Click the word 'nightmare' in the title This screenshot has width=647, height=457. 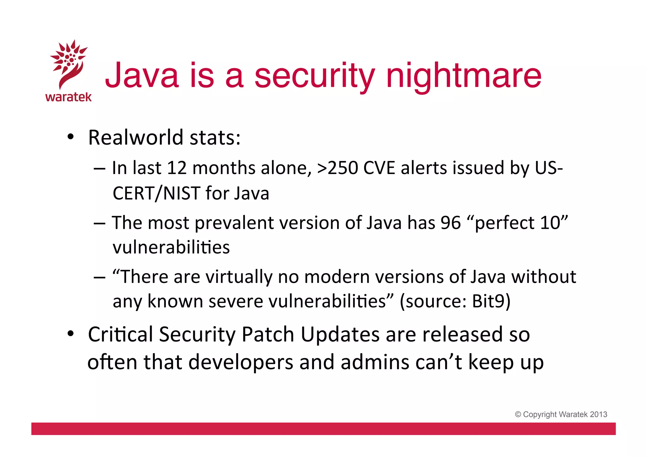click(x=464, y=76)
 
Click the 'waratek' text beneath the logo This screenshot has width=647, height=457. click(x=69, y=97)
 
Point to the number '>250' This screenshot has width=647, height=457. click(x=337, y=168)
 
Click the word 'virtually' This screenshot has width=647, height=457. click(x=239, y=277)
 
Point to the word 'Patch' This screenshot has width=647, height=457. click(x=268, y=334)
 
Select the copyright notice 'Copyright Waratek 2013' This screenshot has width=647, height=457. click(x=561, y=414)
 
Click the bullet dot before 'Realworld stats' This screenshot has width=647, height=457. click(x=70, y=137)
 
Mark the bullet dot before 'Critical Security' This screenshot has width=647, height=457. click(x=70, y=334)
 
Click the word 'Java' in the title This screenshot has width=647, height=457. click(x=142, y=76)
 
